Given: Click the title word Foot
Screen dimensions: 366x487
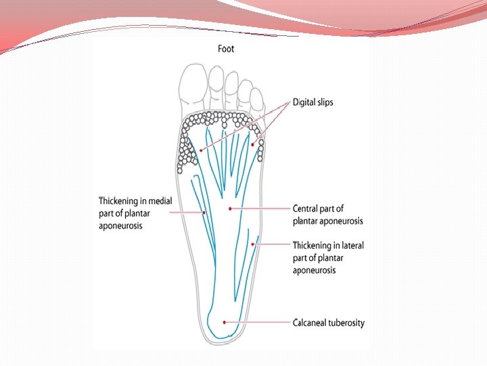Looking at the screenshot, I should (227, 49).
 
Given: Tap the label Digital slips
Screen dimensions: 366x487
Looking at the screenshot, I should (312, 102).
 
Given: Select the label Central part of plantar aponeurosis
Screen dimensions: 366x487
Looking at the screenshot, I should (327, 214).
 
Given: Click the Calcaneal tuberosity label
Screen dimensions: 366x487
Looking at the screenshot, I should (328, 323).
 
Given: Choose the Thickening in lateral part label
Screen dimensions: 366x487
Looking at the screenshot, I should (328, 258).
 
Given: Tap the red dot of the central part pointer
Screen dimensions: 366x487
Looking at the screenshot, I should (231, 208).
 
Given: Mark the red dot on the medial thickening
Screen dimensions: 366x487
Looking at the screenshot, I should (204, 212).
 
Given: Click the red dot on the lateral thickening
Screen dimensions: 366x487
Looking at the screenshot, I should (253, 243).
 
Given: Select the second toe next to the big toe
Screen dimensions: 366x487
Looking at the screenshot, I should (216, 81).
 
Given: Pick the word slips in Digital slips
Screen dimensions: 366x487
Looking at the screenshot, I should (323, 102).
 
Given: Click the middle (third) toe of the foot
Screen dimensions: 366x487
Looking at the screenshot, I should (232, 87).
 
